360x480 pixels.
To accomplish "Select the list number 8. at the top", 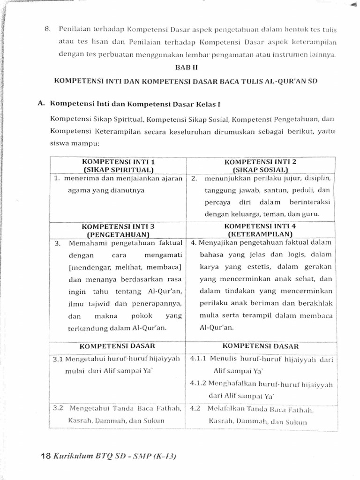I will pyautogui.click(x=47, y=29).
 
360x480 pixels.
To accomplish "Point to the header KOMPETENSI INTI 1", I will pyautogui.click(x=118, y=162).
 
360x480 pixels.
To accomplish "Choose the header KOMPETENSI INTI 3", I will pyautogui.click(x=118, y=226).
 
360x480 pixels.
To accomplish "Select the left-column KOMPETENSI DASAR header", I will pyautogui.click(x=117, y=347).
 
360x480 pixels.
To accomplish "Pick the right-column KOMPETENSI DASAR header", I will pyautogui.click(x=260, y=346).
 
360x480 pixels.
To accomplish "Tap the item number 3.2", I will pyautogui.click(x=58, y=408).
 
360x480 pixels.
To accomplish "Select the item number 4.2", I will pyautogui.click(x=195, y=408).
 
